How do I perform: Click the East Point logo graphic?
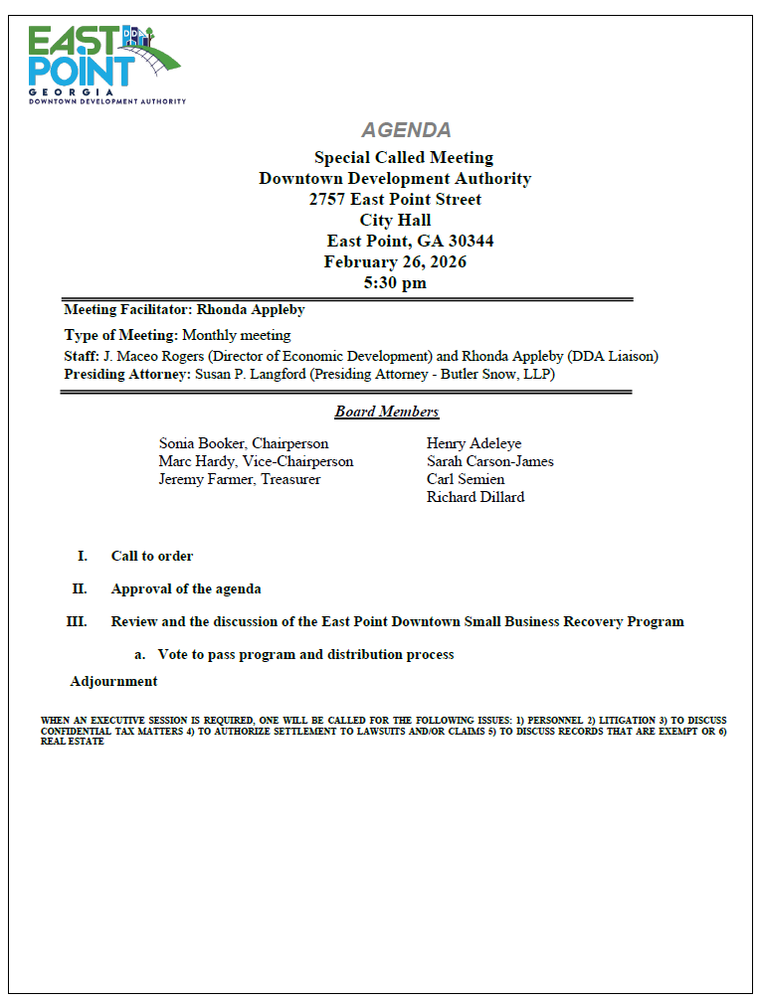104,63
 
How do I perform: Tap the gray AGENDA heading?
406,130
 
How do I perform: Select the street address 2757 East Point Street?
395,199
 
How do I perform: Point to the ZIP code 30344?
470,241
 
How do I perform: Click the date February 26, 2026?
395,261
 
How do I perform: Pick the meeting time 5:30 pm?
395,282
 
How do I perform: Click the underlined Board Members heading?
386,412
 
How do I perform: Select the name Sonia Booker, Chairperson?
243,443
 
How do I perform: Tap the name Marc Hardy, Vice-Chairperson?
256,461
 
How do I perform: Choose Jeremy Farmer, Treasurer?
239,479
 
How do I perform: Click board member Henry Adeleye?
474,443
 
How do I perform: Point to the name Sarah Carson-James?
489,461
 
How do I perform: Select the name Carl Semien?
466,479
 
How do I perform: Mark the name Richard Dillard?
475,497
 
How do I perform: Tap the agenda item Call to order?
152,556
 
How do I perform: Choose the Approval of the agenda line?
186,588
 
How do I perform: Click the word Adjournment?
113,681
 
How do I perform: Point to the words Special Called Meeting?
403,157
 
